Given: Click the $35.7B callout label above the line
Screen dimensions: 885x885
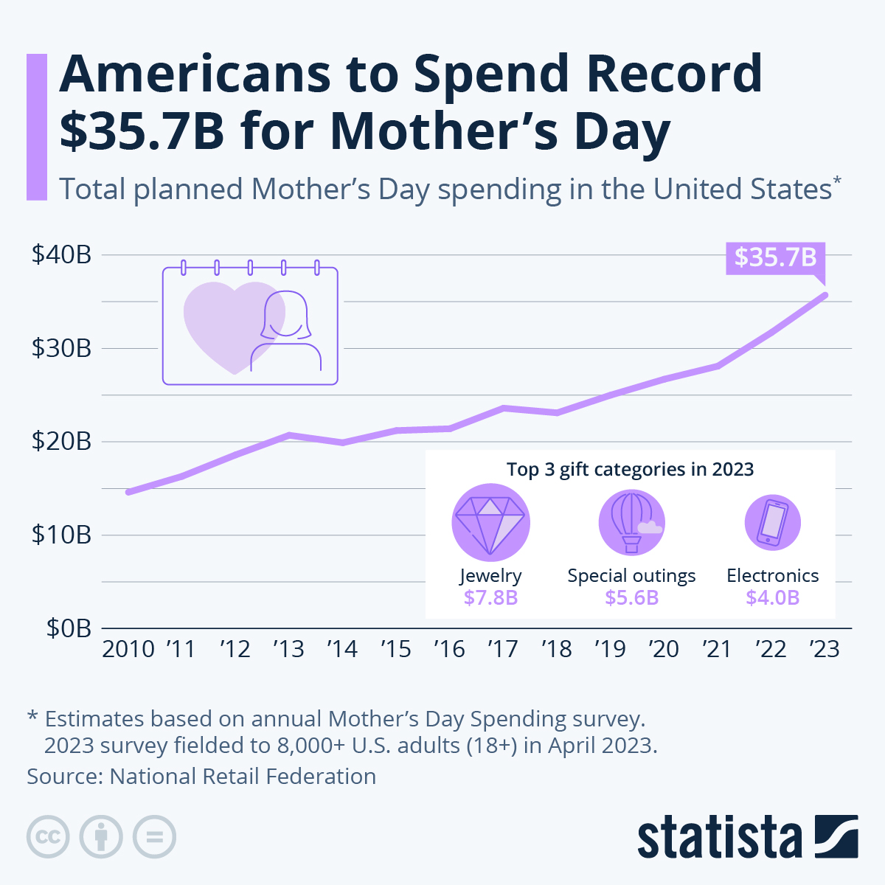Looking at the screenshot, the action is [x=775, y=257].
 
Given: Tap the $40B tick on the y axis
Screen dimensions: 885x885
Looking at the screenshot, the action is [x=61, y=254].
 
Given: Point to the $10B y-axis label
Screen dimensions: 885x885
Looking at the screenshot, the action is [x=61, y=535].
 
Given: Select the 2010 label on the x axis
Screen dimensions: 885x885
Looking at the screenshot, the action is [x=128, y=649].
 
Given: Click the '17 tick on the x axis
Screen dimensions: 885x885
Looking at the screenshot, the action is [x=503, y=649].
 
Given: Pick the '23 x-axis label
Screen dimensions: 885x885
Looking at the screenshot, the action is [x=825, y=649].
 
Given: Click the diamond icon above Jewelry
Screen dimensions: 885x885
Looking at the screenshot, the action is [x=490, y=523].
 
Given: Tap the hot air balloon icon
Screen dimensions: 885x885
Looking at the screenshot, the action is [x=631, y=523].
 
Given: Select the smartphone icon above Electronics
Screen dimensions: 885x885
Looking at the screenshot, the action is [x=772, y=523].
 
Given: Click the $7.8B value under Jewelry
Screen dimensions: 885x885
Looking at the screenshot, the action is [x=490, y=597].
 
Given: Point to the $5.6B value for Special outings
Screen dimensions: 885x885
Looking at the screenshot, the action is [x=631, y=597].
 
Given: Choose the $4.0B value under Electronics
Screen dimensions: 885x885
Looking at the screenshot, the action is [x=772, y=597].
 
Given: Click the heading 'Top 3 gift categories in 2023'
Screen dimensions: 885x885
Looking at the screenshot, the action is [x=630, y=469].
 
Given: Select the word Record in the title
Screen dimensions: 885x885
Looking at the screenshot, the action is [x=674, y=74].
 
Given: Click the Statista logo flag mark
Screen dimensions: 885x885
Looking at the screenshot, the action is [x=836, y=836].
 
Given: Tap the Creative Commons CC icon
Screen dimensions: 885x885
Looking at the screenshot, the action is [x=48, y=837].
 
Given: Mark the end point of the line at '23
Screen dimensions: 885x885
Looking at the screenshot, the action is [x=825, y=295].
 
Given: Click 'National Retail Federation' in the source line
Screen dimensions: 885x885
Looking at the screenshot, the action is [x=243, y=776].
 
